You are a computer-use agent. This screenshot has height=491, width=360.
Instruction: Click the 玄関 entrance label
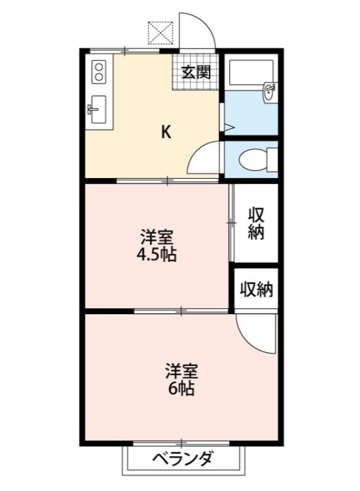196,72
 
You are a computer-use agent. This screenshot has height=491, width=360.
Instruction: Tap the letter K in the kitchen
166,131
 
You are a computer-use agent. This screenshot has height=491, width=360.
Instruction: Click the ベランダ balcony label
182,459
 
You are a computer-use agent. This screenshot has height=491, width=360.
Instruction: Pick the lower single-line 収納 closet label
256,289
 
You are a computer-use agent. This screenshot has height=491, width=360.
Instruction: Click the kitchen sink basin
96,111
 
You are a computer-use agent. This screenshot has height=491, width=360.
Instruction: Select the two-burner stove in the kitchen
99,72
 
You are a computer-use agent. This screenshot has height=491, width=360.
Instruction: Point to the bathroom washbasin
269,92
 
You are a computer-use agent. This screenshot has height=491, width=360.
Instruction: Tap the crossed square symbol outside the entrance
162,33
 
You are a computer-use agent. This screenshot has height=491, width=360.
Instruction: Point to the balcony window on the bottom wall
182,442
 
